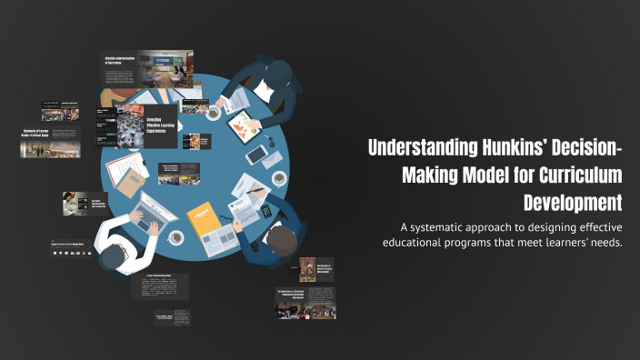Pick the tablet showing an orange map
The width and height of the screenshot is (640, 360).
coord(241,126)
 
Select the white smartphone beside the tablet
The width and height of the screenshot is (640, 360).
coord(256,155)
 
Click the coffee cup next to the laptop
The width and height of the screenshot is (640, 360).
coord(176,237)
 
